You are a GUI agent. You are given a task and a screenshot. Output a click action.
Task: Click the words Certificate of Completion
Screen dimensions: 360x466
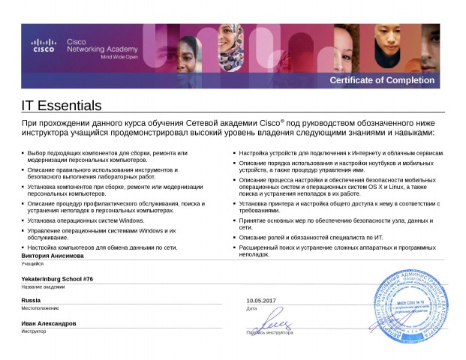[x=382, y=80]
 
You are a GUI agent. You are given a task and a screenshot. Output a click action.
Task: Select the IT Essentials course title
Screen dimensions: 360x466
[x=61, y=106]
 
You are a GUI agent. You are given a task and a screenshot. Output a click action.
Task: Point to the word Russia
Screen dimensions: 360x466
[x=31, y=300]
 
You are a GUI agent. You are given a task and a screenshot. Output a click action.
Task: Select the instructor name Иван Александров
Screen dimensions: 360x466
[x=48, y=323]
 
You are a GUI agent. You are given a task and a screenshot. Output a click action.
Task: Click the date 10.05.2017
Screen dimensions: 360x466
[x=261, y=301]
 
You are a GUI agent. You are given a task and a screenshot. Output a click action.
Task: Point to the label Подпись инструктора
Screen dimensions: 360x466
[x=269, y=331]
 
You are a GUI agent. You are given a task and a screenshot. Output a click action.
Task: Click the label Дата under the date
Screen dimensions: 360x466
[x=251, y=308]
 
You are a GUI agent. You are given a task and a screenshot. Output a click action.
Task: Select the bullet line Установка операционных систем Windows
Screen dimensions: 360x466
[x=86, y=220]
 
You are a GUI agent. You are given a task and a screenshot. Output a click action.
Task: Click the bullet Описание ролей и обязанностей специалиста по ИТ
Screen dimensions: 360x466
[x=311, y=237]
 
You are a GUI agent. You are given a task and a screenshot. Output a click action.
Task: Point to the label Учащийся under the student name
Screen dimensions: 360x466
[x=32, y=264]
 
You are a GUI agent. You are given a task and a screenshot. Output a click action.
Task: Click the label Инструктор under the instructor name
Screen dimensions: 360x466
[x=34, y=331]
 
